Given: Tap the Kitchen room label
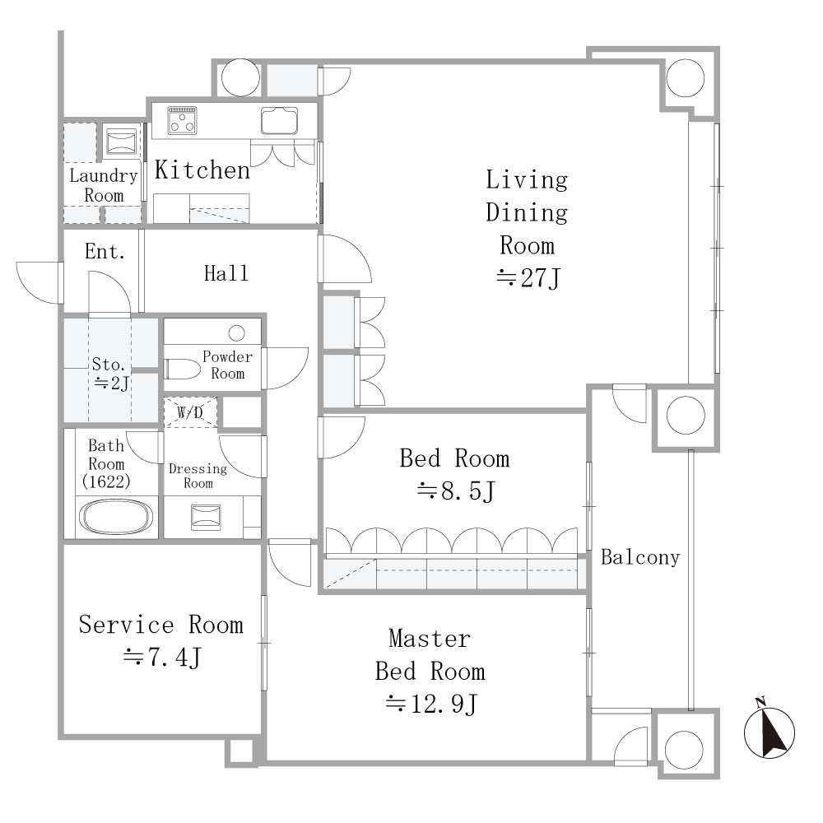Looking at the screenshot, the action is [x=202, y=170].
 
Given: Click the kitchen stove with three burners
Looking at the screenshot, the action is [x=182, y=120].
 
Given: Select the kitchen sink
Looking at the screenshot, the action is [x=279, y=120].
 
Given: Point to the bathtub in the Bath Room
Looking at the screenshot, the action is [x=118, y=517].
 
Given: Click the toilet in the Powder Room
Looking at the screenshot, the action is [x=183, y=369].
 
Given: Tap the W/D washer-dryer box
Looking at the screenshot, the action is [x=190, y=412].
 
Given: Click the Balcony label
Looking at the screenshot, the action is [x=640, y=557].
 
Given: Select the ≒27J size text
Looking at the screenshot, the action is [x=528, y=278].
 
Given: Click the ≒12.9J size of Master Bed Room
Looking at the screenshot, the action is [x=431, y=704].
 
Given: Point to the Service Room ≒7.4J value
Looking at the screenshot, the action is [x=162, y=657].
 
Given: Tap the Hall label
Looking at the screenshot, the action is [x=226, y=273].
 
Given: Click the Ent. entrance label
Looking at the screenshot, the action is [x=105, y=251].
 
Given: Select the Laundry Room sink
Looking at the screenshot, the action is [x=121, y=142].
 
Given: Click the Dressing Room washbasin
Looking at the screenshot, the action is [x=206, y=517].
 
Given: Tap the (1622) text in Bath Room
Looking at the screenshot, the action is [x=106, y=481].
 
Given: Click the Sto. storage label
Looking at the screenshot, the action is [x=109, y=365].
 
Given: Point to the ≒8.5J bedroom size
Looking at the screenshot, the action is [x=456, y=492].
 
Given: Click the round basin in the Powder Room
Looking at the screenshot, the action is [x=237, y=332].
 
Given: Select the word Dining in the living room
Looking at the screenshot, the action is [x=527, y=213].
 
